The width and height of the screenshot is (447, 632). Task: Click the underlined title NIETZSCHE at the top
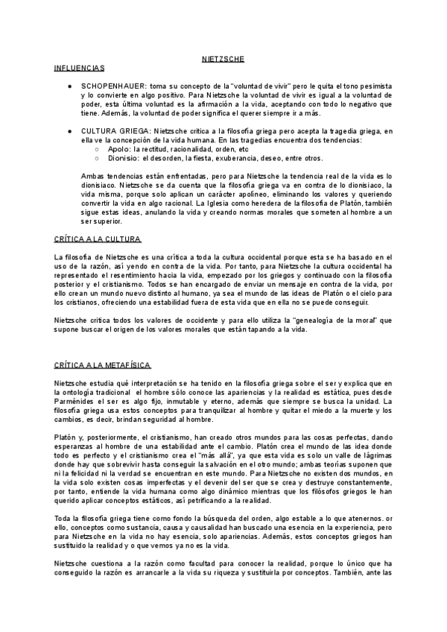click(223, 58)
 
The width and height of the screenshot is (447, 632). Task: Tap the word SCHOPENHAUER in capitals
click(114, 86)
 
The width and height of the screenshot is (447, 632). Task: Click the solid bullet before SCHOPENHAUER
click(69, 86)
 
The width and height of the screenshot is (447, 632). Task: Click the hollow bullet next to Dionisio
click(97, 158)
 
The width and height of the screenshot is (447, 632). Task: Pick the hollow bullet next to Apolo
click(97, 148)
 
